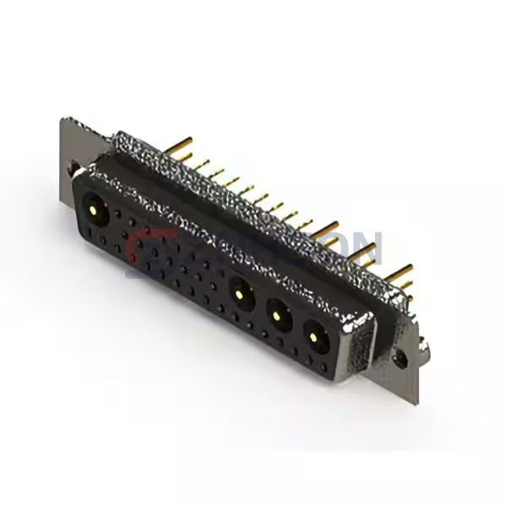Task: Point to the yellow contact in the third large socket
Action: (277, 316)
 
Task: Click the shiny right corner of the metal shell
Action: (359, 325)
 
